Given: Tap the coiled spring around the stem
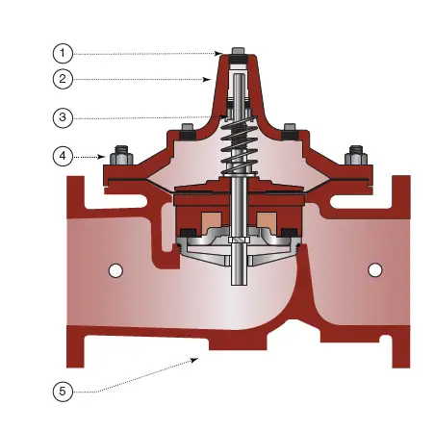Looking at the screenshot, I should (x=236, y=144).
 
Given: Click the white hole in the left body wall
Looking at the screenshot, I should (x=115, y=271).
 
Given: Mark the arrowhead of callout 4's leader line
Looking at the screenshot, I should (x=104, y=154).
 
